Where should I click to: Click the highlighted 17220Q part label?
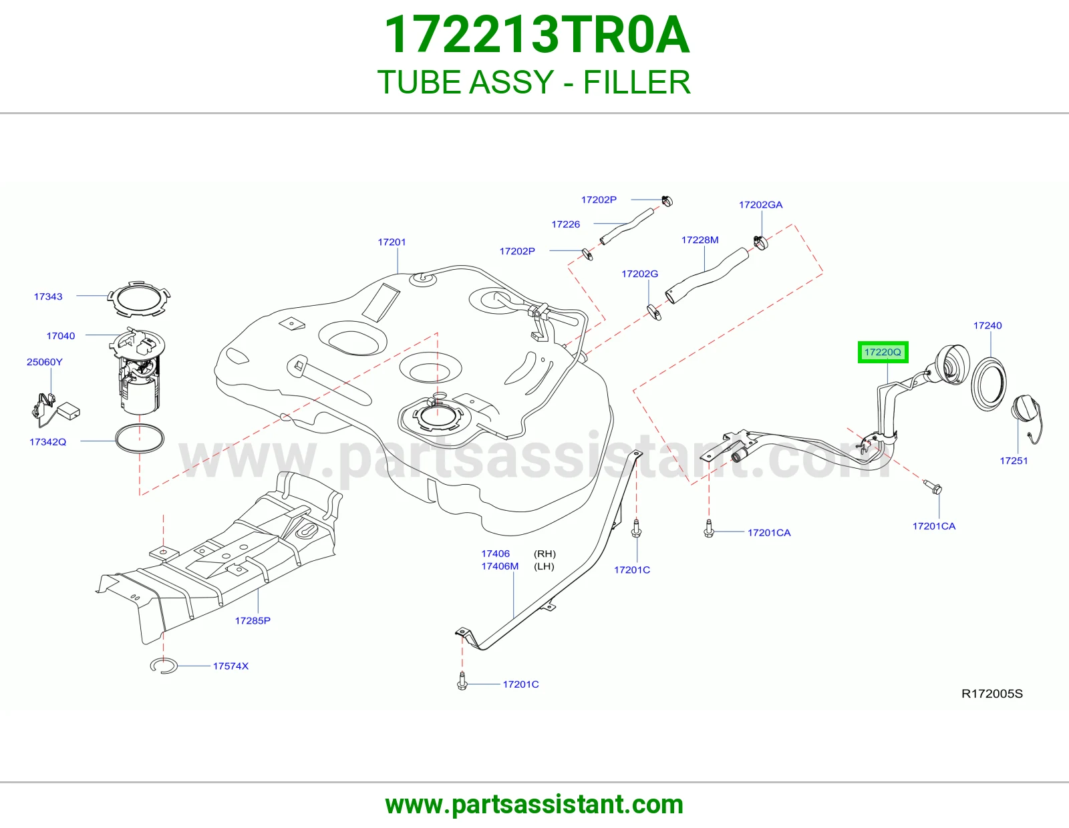pos(883,352)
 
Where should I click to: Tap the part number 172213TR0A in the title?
pos(537,35)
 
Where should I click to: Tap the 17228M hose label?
pos(700,240)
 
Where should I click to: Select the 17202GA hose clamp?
pos(760,242)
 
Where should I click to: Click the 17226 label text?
pos(565,224)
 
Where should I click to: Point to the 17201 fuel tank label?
pos(392,242)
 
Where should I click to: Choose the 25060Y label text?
pos(44,362)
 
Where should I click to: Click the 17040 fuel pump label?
pos(61,336)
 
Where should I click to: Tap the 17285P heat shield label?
pos(253,620)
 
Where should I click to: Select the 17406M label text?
pos(499,566)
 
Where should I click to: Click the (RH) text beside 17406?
pos(545,554)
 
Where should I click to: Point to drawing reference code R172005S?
pos(991,693)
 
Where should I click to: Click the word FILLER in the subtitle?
pos(637,82)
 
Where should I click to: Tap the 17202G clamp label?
pos(639,274)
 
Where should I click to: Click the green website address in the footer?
pos(534,805)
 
